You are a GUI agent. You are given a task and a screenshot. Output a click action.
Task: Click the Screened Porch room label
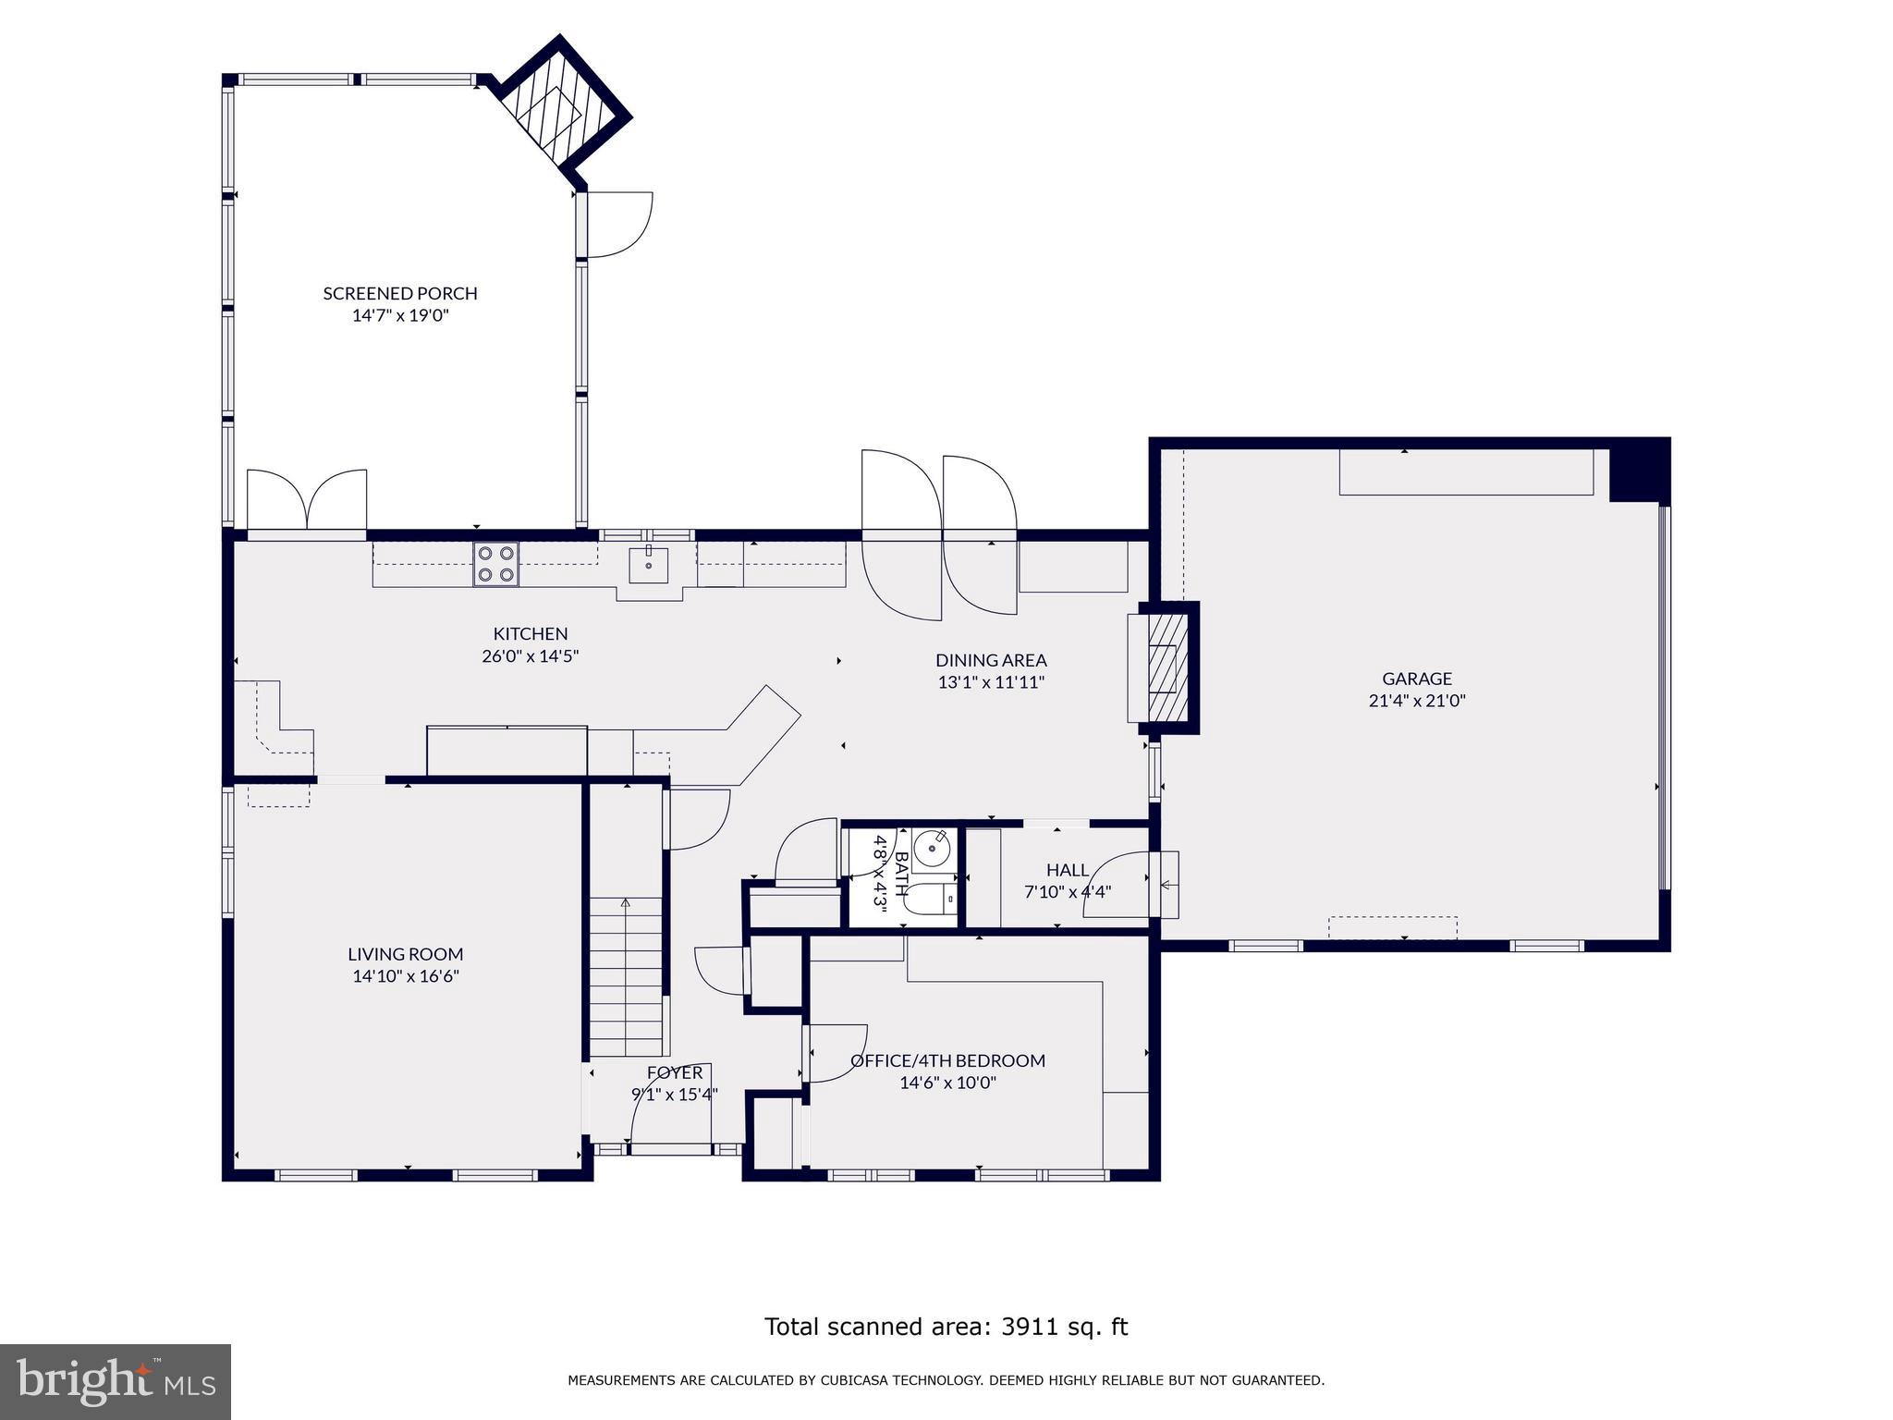[x=400, y=293]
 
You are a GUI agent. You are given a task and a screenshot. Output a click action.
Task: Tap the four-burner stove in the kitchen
[x=496, y=564]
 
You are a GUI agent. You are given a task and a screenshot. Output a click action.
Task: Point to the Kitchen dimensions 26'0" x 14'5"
[x=530, y=656]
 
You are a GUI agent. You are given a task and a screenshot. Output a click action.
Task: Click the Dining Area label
[x=991, y=660]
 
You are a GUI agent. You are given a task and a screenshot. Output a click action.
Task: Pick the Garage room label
[x=1417, y=679]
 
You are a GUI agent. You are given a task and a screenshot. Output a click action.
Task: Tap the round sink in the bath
[x=932, y=846]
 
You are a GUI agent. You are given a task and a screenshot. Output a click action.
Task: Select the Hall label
[x=1068, y=870]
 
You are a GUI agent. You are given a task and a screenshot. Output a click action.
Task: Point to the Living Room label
[x=406, y=954]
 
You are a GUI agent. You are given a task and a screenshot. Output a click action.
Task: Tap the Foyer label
[x=675, y=1072]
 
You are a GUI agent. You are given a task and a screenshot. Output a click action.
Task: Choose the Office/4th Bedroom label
[x=948, y=1060]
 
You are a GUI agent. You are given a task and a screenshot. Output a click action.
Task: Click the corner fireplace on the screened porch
[x=560, y=111]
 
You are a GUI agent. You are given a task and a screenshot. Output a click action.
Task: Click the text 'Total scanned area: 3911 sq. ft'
[x=946, y=1327]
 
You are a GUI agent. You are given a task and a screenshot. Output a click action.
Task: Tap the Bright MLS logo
[x=116, y=1382]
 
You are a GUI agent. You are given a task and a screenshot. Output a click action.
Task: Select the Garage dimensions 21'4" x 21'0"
[x=1417, y=701]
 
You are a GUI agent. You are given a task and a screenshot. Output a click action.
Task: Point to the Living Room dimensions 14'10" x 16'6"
[x=406, y=976]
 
